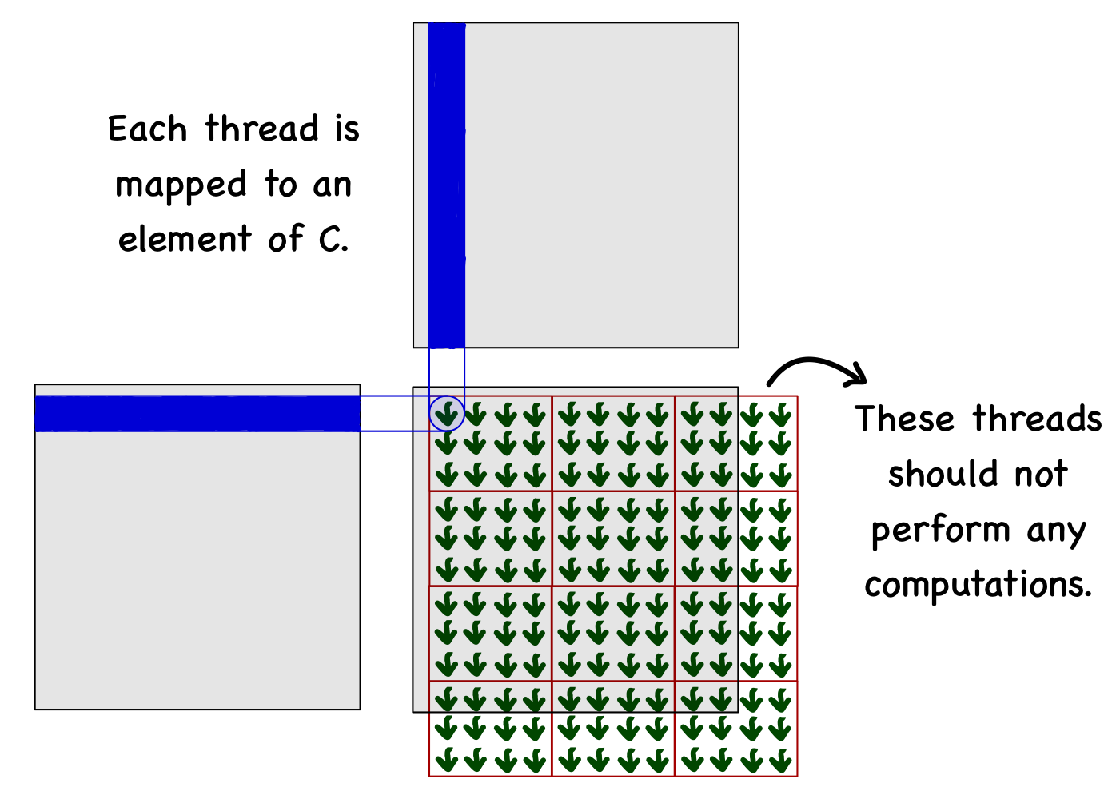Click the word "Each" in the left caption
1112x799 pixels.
point(147,129)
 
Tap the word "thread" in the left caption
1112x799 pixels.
point(262,129)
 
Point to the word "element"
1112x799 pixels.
point(185,239)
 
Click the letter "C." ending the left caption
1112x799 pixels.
point(333,239)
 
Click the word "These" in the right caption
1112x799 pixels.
point(904,419)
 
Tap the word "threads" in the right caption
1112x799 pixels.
point(1037,419)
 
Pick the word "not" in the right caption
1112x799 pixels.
point(1041,475)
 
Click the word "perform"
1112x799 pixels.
point(941,531)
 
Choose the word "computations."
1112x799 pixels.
point(978,586)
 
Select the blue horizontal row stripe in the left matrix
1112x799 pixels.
point(197,414)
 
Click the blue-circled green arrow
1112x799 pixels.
point(448,414)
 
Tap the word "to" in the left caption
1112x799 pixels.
point(281,185)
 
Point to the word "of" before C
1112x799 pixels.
point(285,239)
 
